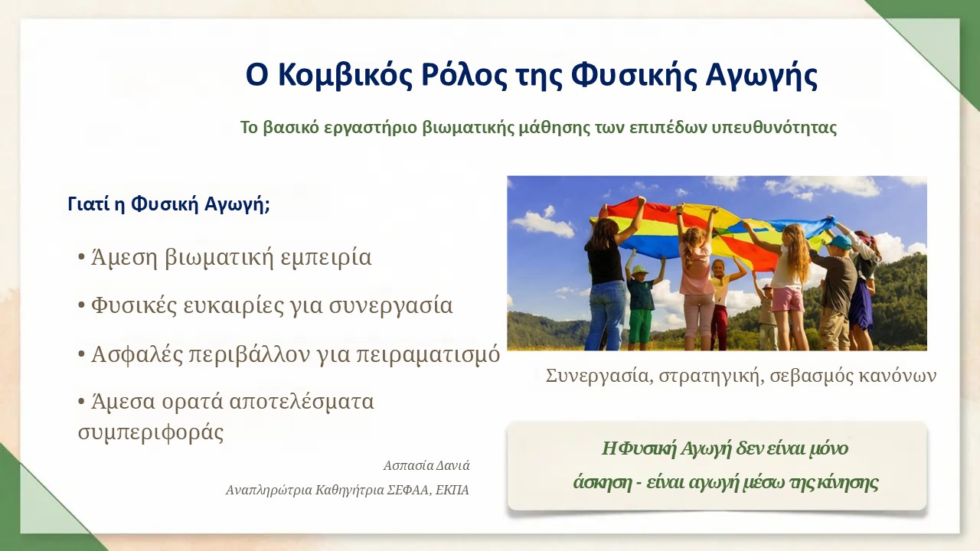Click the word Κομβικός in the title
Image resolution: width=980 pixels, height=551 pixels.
coord(345,75)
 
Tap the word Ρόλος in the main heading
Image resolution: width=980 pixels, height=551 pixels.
coord(464,75)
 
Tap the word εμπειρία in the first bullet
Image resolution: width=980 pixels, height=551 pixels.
coord(326,257)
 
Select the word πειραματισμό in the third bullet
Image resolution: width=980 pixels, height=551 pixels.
coord(427,354)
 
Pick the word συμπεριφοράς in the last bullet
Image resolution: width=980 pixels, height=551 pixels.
coord(151,432)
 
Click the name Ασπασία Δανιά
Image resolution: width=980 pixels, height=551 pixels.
coord(426,465)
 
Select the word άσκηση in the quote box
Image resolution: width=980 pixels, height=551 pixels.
coord(603,482)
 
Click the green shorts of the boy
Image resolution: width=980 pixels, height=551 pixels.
coord(641,325)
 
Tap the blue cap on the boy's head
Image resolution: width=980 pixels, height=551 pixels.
coord(838,242)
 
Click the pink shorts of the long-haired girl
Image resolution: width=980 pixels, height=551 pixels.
coord(787,298)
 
